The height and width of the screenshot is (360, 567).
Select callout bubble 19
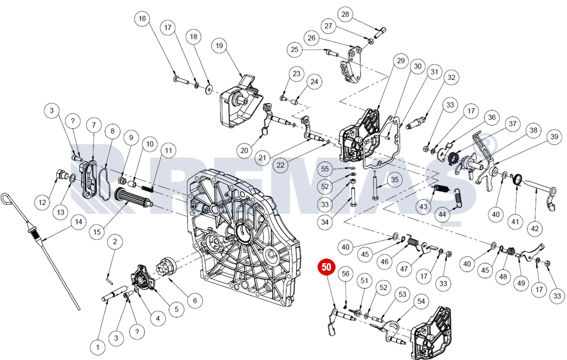click(x=219, y=46)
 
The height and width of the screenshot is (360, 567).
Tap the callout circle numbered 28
click(x=345, y=14)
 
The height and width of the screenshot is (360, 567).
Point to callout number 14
click(x=78, y=222)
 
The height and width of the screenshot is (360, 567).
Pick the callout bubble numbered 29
click(x=402, y=61)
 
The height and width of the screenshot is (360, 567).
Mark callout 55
click(x=325, y=169)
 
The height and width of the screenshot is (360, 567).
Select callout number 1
click(x=97, y=346)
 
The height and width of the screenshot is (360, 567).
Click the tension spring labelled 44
click(x=456, y=199)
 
